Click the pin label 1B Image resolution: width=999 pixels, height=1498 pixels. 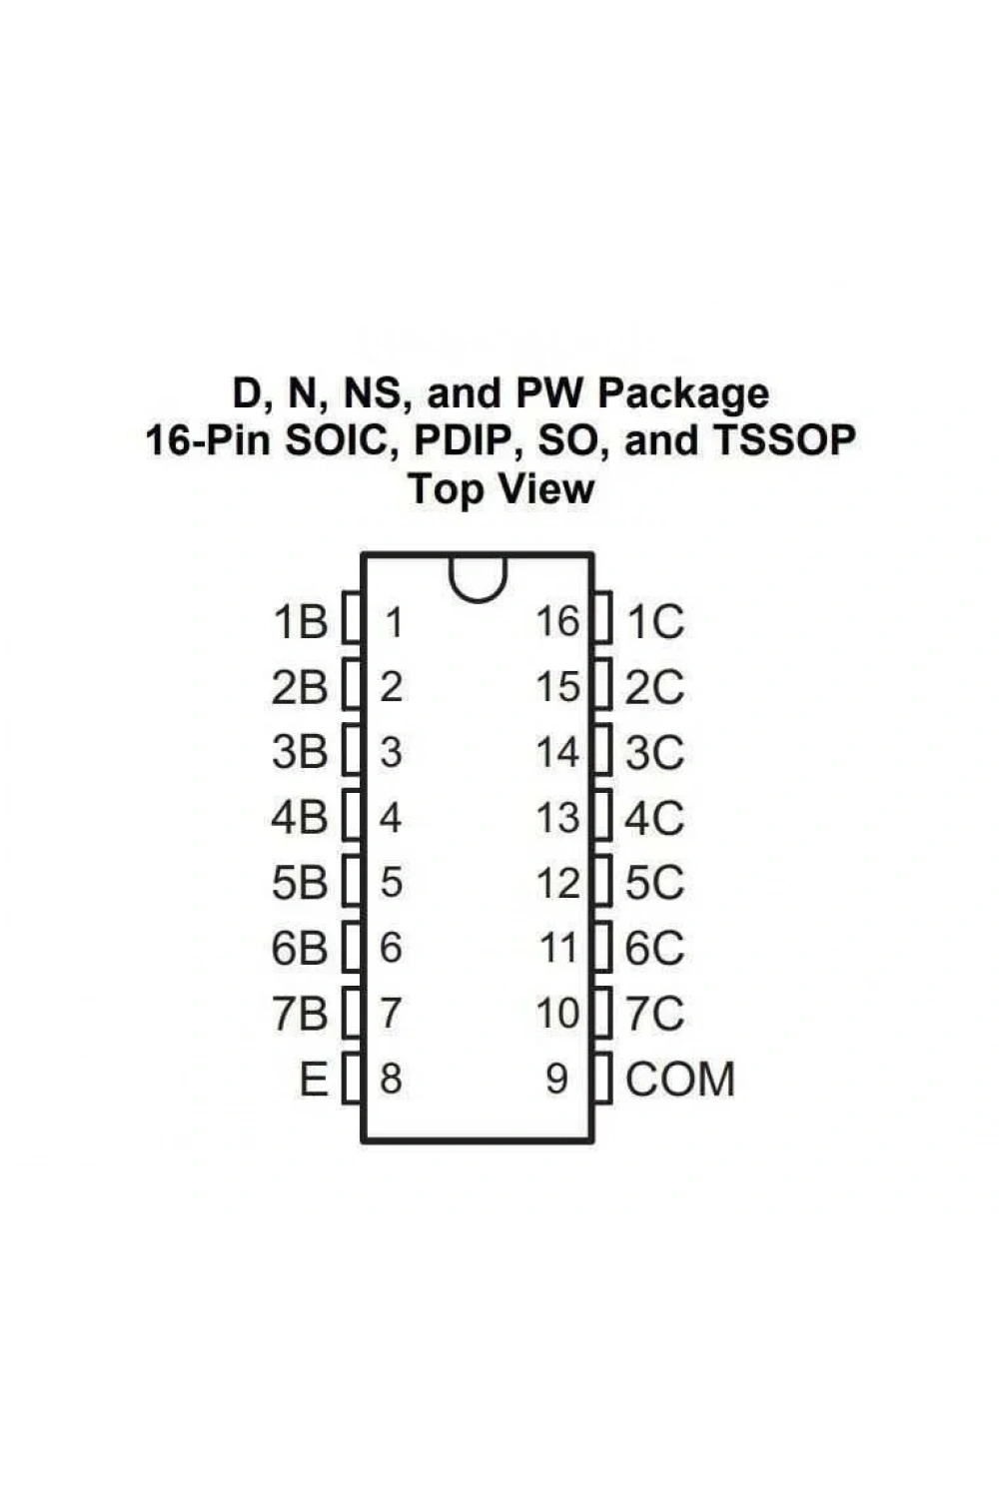coord(301,622)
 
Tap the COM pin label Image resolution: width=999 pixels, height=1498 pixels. coord(680,1079)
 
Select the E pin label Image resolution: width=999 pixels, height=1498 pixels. coord(314,1079)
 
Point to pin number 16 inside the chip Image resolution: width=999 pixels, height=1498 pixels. coord(557,621)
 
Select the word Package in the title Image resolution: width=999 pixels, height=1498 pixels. coord(683,393)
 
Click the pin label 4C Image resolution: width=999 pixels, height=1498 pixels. coord(654,817)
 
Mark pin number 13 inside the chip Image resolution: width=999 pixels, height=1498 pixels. coord(557,817)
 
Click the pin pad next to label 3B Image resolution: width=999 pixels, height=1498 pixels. coord(352,750)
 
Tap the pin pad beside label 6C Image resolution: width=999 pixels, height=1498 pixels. coord(602,947)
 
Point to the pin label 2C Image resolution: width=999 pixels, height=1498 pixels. coord(654,687)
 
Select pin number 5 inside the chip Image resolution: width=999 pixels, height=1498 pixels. coord(392,882)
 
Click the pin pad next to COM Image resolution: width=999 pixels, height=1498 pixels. coord(602,1078)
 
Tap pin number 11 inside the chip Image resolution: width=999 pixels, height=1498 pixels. coord(558,947)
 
